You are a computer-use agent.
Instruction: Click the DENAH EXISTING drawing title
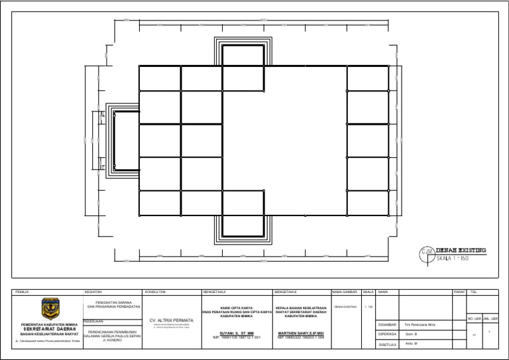point(461,250)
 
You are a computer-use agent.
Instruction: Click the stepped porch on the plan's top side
point(243,52)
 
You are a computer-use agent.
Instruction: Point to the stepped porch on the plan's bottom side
point(243,229)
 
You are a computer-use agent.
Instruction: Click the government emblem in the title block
point(50,309)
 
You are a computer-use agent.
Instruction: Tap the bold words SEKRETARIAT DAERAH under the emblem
point(50,329)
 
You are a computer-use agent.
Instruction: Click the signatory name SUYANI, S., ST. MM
point(237,333)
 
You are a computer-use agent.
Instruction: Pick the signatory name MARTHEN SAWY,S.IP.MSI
point(301,333)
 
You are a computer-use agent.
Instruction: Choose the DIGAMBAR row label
point(387,324)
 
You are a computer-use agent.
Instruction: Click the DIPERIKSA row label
point(387,335)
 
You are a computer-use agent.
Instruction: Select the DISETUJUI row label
point(387,345)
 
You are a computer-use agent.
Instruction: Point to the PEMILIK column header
point(21,292)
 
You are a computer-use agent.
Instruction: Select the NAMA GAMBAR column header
point(345,292)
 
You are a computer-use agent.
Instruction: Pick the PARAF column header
point(459,292)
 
